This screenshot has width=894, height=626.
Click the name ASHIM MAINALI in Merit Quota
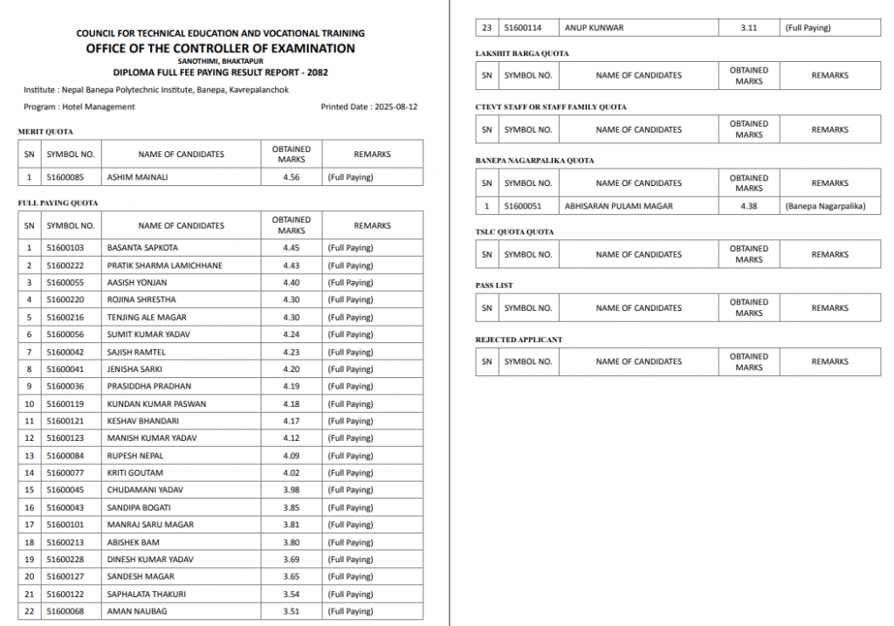coord(137,177)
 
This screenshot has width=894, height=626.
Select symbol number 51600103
coord(65,248)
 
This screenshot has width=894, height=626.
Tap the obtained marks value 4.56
coord(291,177)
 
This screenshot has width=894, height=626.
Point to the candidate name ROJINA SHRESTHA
coord(141,299)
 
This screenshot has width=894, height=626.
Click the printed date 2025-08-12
coord(396,107)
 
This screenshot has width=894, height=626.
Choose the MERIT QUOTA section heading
coord(45,132)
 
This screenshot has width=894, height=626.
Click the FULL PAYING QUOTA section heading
coord(58,203)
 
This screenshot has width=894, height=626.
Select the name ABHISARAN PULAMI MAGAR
coord(619,207)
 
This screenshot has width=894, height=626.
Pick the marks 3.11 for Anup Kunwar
coord(748,28)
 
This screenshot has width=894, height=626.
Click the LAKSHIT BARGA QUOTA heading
coord(521,54)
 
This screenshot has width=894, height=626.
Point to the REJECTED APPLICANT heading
coord(519,340)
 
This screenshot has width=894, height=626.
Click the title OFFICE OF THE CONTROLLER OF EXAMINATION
coord(220,49)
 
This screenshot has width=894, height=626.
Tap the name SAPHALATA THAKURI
coord(146,594)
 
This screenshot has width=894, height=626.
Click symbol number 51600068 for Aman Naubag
coord(65,611)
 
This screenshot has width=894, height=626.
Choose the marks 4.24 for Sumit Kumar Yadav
coord(291,334)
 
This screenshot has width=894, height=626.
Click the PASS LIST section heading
coord(494,285)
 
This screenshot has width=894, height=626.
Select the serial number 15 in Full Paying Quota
coord(29,490)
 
